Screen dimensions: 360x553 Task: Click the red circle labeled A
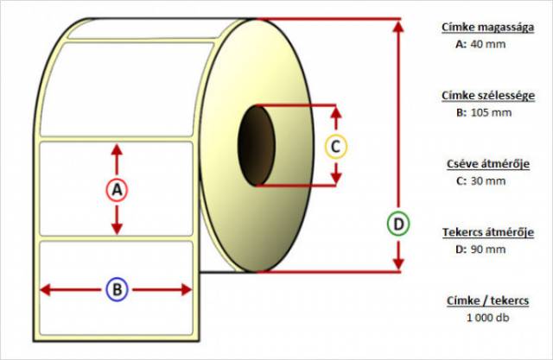[118, 190]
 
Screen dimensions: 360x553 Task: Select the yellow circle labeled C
[335, 146]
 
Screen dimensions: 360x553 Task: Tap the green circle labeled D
[397, 224]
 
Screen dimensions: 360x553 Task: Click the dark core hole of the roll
[254, 145]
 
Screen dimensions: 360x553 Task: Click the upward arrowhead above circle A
[118, 149]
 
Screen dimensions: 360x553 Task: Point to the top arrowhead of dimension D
[397, 25]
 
